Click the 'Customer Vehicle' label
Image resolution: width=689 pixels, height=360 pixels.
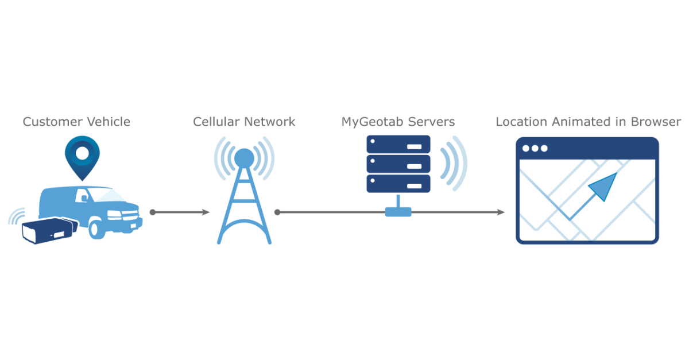pos(76,122)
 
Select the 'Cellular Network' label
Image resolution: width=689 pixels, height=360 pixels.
pos(244,122)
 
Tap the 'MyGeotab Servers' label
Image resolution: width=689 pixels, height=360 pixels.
pos(398,122)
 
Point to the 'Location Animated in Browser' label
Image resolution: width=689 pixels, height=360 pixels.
pos(588,122)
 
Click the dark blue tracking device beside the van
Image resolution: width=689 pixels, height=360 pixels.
pos(49,230)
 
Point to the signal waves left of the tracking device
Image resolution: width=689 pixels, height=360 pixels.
pos(16,217)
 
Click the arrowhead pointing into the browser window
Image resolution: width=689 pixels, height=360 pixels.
pos(500,212)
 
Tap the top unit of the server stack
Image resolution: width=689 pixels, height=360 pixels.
pos(398,144)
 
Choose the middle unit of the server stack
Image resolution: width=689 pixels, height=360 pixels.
pos(398,164)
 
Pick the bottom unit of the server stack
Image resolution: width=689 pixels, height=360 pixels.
pos(398,183)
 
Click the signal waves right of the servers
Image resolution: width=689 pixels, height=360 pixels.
pos(453,163)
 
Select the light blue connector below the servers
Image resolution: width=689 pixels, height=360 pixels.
pos(398,211)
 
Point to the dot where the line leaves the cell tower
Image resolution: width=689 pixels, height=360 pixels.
pos(277,212)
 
